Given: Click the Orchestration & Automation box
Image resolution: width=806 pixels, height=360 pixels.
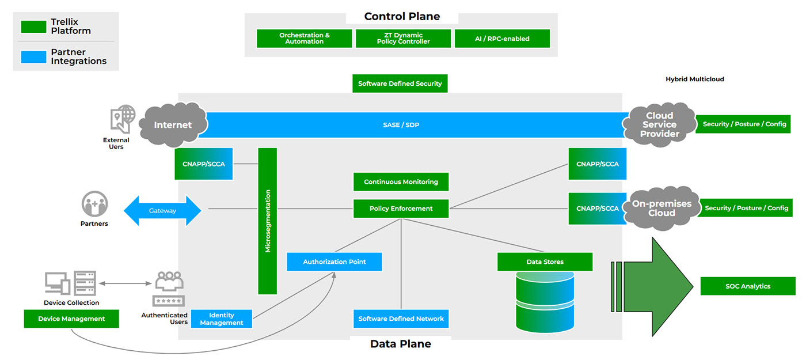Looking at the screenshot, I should click(305, 39).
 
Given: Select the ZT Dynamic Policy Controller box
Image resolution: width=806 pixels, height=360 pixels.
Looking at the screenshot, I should click(403, 39).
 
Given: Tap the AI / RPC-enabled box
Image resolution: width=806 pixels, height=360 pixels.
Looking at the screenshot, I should click(502, 39).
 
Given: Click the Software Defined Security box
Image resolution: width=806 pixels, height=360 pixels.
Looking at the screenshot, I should click(400, 84).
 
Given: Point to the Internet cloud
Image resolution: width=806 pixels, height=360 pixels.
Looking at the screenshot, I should click(172, 124).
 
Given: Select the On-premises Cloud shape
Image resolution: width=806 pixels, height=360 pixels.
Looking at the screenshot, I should click(661, 208).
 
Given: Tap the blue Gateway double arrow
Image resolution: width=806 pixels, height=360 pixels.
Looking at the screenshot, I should click(162, 211).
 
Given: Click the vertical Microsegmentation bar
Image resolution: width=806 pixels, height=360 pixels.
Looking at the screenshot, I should click(268, 221).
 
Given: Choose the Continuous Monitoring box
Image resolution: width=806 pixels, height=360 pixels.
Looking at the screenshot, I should click(401, 182).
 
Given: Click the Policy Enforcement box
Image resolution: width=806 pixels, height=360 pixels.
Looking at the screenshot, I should click(401, 209).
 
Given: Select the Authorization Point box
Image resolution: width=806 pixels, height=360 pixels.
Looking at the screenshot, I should click(334, 262).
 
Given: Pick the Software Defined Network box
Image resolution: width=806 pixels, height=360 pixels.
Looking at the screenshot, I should click(401, 319).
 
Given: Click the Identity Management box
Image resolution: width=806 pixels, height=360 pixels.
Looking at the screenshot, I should click(222, 319).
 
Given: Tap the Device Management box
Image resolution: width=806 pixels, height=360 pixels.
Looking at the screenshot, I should click(71, 319).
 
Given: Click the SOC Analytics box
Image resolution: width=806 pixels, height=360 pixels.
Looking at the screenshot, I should click(747, 286).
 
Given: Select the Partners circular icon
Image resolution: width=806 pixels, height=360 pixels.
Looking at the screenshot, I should click(94, 204).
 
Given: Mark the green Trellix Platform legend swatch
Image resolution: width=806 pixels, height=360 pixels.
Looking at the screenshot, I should click(33, 26).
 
